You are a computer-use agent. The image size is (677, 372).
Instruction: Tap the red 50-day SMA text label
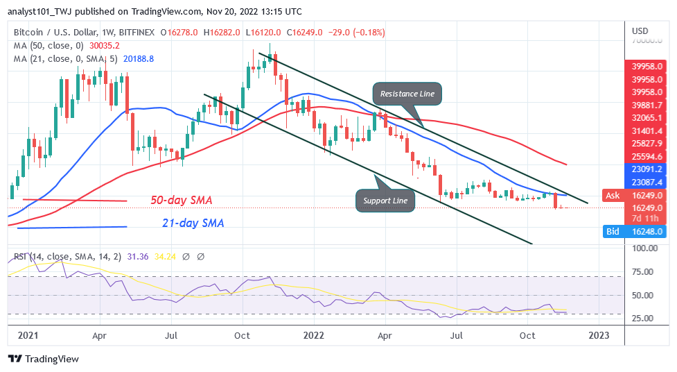pyautogui.click(x=181, y=201)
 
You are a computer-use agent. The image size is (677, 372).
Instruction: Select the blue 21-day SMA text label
pyautogui.click(x=187, y=223)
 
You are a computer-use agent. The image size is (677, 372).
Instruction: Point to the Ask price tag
pyautogui.click(x=613, y=196)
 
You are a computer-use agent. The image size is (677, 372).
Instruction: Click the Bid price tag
pyautogui.click(x=613, y=232)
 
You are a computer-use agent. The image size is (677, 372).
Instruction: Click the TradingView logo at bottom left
pyautogui.click(x=44, y=359)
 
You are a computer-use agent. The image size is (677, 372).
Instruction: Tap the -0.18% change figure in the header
pyautogui.click(x=364, y=31)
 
